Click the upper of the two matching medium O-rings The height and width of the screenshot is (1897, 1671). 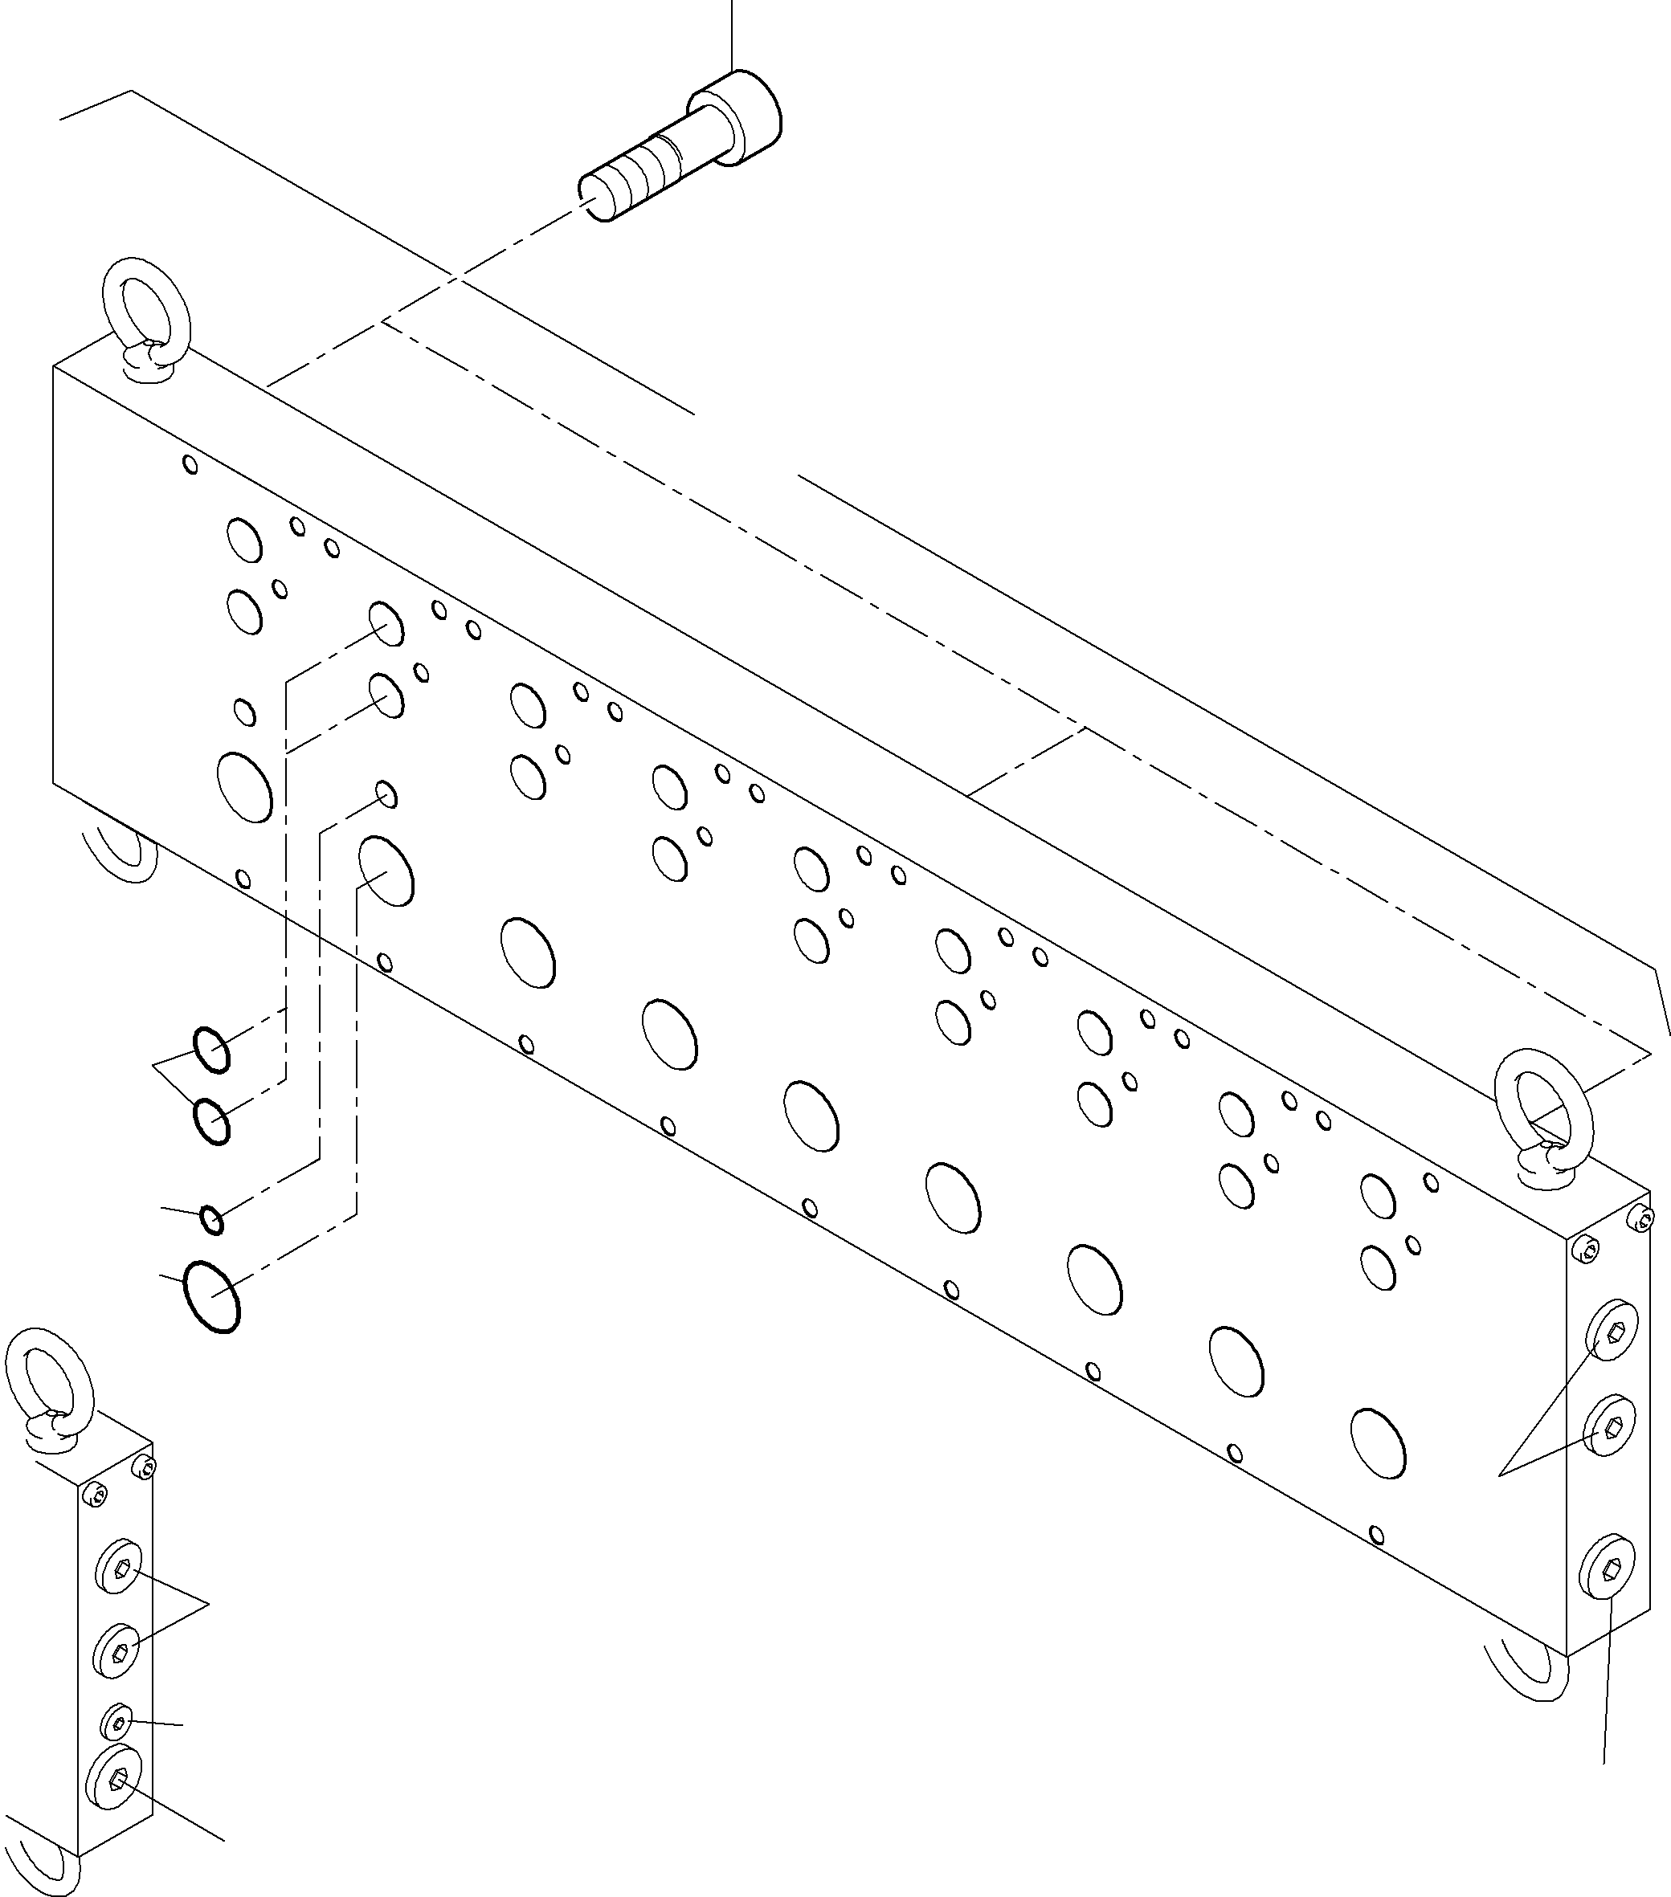click(x=211, y=1050)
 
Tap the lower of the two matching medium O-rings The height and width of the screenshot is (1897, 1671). click(x=211, y=1121)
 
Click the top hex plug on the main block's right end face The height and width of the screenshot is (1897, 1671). click(x=1613, y=1330)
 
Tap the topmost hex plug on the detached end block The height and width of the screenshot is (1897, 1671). click(x=119, y=1568)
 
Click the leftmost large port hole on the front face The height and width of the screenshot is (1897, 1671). click(x=244, y=787)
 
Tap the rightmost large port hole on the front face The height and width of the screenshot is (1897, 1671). click(x=1379, y=1469)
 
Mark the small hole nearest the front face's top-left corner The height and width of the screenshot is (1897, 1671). click(x=190, y=464)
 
